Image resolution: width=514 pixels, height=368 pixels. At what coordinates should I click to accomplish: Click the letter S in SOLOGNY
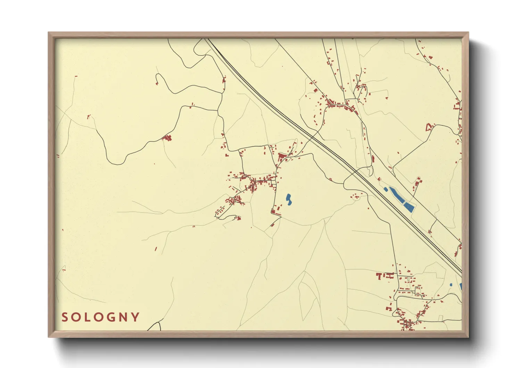pos(65,317)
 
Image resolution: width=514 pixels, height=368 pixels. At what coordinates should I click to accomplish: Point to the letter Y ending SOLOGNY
pos(136,317)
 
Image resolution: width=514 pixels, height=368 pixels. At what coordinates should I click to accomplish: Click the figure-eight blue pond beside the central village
pos(289,199)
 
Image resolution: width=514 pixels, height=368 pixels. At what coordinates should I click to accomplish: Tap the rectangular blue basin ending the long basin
pos(409,208)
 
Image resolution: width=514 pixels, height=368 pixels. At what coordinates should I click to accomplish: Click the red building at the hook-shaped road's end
pos(157,83)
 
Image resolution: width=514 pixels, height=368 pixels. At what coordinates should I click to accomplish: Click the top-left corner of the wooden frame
pos(48,32)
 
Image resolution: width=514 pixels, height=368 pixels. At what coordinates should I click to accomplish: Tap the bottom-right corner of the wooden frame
pos(469,337)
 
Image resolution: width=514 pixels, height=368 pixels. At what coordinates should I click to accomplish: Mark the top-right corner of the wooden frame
pos(469,32)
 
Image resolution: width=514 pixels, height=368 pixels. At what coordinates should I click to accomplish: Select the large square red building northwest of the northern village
pos(316,90)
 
